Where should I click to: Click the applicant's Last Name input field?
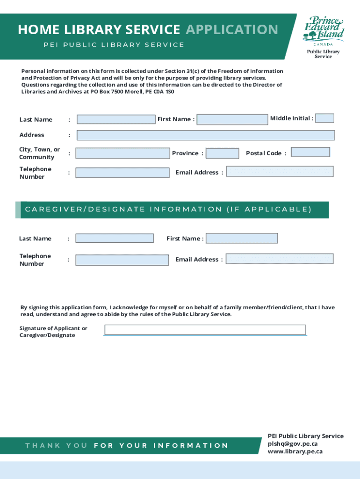click(x=115, y=119)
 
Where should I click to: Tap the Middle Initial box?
click(x=325, y=118)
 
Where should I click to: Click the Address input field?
click(x=205, y=135)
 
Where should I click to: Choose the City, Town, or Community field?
click(x=122, y=153)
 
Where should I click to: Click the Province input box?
click(x=222, y=153)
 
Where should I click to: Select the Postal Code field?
click(x=310, y=152)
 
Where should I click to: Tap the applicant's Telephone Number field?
click(x=122, y=173)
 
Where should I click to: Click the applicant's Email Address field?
click(x=280, y=171)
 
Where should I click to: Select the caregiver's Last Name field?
click(x=114, y=238)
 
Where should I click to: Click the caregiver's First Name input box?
click(x=242, y=238)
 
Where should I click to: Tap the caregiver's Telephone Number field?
click(x=122, y=260)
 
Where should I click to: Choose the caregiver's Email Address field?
click(x=280, y=259)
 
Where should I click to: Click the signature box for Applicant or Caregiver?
click(x=205, y=330)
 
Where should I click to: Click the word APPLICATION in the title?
click(x=231, y=30)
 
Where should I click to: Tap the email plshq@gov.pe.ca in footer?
click(x=293, y=443)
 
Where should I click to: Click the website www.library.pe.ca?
click(x=295, y=451)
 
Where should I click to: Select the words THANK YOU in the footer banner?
click(x=56, y=445)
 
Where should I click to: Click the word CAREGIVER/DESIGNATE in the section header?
click(x=85, y=209)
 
